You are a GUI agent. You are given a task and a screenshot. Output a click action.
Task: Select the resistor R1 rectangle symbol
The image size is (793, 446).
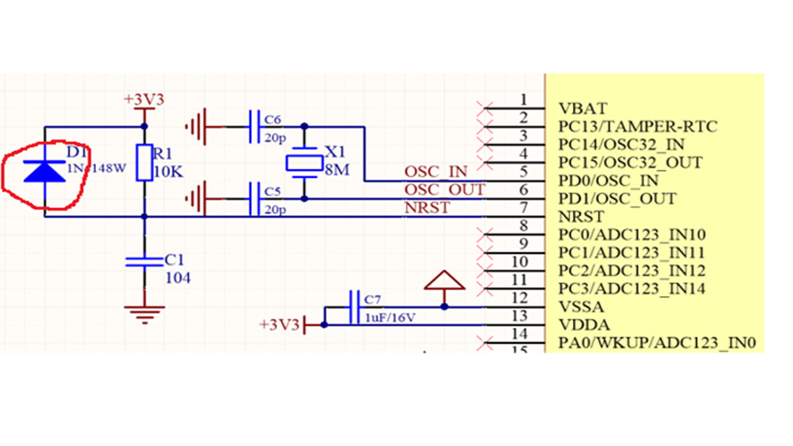[x=145, y=163]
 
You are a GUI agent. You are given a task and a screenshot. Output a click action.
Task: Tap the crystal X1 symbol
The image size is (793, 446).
[x=304, y=163]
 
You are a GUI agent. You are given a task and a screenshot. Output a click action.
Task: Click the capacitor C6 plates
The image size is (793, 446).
[x=254, y=126]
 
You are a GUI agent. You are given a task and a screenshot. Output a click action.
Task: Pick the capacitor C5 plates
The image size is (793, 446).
[x=254, y=199]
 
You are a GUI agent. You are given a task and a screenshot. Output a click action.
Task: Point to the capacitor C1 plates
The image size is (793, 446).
[x=145, y=262]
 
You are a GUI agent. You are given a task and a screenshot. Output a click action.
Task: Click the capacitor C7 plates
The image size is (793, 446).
[x=354, y=307]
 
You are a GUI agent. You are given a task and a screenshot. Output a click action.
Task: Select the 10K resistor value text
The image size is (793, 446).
[x=168, y=172]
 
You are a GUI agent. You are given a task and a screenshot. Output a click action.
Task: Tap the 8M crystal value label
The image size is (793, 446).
[x=337, y=170]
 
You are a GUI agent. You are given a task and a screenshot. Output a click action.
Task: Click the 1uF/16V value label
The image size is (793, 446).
[x=390, y=318]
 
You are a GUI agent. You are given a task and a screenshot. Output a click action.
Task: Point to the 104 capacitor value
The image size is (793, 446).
[x=178, y=278]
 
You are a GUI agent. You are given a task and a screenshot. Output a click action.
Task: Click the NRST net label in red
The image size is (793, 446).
[x=427, y=208]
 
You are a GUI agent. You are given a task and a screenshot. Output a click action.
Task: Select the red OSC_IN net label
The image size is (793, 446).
[x=436, y=172]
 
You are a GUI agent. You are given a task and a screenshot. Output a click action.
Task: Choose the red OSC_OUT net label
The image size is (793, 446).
[x=444, y=190]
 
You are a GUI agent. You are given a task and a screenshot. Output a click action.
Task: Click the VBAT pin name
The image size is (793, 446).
[x=582, y=109]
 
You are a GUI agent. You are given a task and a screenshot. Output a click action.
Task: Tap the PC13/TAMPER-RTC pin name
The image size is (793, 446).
[x=638, y=126]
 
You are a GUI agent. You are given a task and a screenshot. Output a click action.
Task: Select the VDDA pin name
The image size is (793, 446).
[x=584, y=325]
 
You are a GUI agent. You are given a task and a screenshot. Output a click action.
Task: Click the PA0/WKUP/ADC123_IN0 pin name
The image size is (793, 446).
[x=657, y=343]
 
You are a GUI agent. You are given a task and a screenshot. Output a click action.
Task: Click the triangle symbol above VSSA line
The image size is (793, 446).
[x=444, y=281]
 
